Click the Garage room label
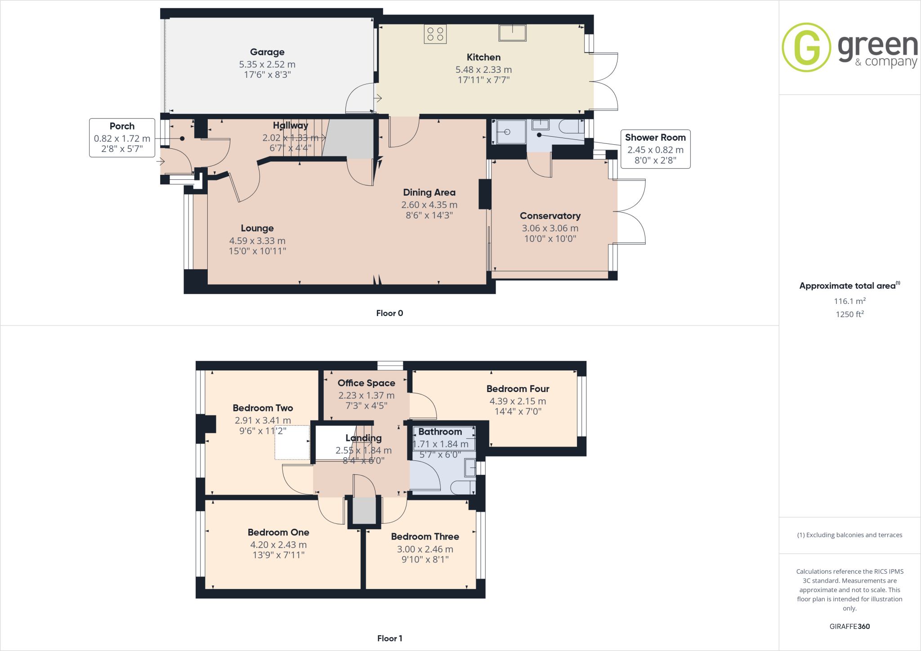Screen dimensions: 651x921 267,52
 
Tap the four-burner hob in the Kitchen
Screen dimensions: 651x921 435,34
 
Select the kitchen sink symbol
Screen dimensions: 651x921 512,32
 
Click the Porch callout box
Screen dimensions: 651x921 122,138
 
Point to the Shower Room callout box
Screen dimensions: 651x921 655,149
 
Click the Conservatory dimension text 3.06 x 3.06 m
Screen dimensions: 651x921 550,228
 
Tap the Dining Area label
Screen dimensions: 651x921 429,192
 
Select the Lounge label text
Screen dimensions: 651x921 257,228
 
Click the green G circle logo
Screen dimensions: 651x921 806,47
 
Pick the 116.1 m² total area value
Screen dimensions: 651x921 849,301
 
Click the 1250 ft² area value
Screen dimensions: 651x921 849,314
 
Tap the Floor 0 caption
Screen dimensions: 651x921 389,313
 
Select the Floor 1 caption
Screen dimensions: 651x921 389,638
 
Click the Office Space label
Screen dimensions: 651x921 366,383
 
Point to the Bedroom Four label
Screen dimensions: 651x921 518,389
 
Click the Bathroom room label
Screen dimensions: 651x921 440,432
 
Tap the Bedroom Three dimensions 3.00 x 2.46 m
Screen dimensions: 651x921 425,549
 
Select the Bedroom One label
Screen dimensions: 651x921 278,532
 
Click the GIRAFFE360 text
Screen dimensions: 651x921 849,626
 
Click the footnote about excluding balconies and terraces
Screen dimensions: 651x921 849,535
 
